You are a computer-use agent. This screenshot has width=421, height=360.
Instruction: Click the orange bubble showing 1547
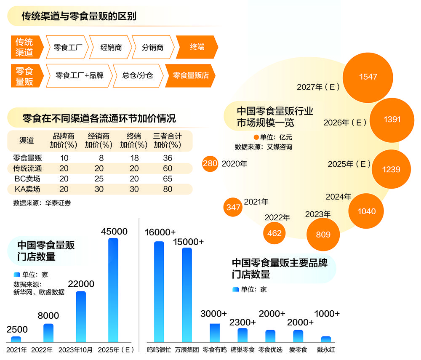pyautogui.click(x=368, y=77)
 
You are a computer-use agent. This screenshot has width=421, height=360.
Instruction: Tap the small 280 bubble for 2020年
pyautogui.click(x=210, y=163)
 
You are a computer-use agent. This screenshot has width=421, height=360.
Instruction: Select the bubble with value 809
pyautogui.click(x=323, y=235)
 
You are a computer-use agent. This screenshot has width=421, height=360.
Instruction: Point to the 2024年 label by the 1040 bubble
pyautogui.click(x=338, y=197)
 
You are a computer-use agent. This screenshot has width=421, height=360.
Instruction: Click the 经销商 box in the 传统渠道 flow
pyautogui.click(x=111, y=47)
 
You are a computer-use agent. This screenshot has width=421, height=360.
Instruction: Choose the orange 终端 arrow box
pyautogui.click(x=197, y=47)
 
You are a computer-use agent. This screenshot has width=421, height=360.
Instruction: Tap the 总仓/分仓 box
pyautogui.click(x=138, y=75)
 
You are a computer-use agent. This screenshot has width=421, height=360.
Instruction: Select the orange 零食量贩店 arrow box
pyautogui.click(x=190, y=75)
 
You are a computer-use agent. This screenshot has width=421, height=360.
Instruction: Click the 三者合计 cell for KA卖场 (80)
pyautogui.click(x=168, y=189)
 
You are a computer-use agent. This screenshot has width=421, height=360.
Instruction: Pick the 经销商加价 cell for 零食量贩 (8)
pyautogui.click(x=101, y=158)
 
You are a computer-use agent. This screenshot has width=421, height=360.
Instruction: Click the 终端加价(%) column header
pyautogui.click(x=134, y=140)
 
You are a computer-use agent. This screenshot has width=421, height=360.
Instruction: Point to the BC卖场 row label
pyautogui.click(x=27, y=179)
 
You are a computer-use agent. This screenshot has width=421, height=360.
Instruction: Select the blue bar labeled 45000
pyautogui.click(x=113, y=290)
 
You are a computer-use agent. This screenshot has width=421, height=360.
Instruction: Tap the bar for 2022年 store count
pyautogui.click(x=48, y=333)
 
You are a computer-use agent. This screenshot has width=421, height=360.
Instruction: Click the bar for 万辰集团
pyautogui.click(x=187, y=295)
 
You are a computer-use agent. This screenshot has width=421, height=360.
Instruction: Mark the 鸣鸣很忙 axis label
pyautogui.click(x=159, y=350)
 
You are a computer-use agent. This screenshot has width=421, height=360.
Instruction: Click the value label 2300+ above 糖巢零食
pyautogui.click(x=242, y=322)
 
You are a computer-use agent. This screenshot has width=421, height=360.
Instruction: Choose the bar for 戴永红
pyautogui.click(x=326, y=339)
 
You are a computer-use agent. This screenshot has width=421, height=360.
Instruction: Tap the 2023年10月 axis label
pyautogui.click(x=75, y=350)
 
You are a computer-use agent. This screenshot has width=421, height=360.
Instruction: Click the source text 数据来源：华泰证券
pyautogui.click(x=42, y=203)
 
